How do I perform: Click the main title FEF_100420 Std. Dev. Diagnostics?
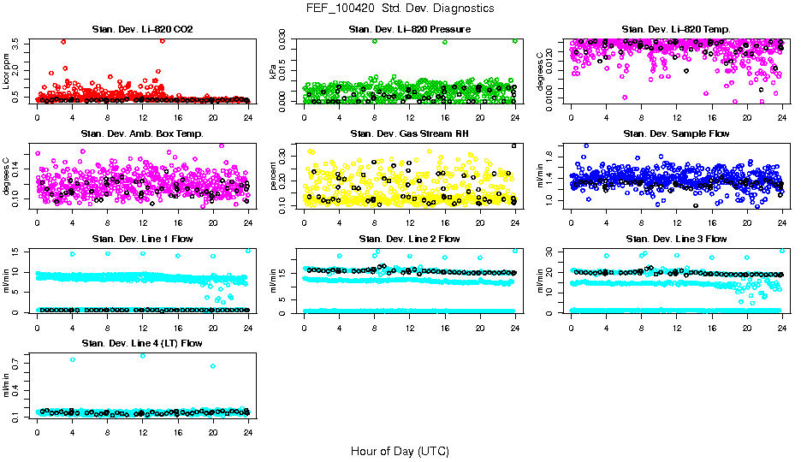[400, 8]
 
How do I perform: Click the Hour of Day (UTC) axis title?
[400, 451]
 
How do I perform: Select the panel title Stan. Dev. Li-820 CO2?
[142, 30]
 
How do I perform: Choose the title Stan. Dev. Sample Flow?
[676, 134]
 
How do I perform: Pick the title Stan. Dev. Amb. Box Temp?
[142, 134]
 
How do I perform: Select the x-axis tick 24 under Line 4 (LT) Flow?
[248, 432]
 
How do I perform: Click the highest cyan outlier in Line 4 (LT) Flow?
[142, 355]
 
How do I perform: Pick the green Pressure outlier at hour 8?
[375, 41]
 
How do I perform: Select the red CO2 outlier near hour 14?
[162, 41]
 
